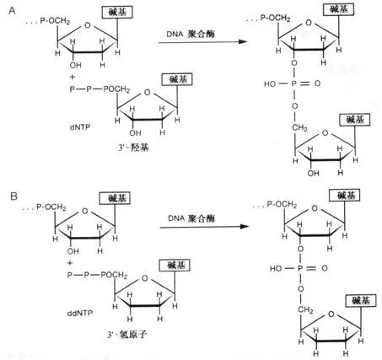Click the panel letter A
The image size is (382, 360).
13,11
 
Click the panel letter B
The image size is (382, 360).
13,196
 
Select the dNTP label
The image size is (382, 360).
80,127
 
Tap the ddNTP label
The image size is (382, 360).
80,313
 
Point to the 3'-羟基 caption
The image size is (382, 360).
133,147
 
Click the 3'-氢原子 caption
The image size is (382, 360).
127,334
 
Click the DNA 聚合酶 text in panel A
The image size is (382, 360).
191,34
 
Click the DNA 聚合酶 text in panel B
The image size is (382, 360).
191,218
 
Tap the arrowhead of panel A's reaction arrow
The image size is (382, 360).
243,42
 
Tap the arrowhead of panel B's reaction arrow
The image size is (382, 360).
245,227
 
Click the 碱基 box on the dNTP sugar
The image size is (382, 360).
177,79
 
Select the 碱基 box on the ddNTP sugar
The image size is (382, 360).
175,265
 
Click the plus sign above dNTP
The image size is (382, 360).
73,77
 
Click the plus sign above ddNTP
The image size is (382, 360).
70,263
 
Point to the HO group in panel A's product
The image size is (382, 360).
270,83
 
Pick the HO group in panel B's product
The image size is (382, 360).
276,268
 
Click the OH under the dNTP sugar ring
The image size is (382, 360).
135,133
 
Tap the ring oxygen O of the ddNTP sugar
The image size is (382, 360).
145,278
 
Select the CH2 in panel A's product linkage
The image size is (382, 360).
299,128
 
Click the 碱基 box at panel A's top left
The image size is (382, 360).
117,12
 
